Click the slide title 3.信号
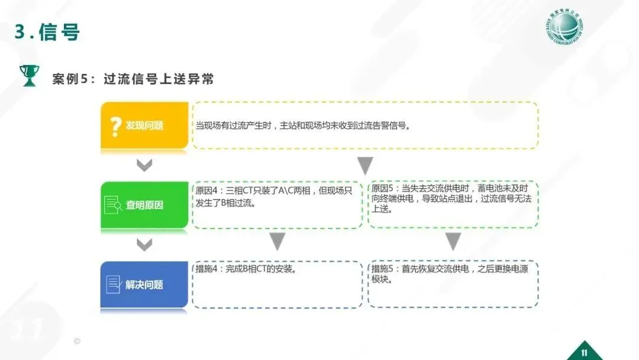click(x=47, y=32)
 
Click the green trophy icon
click(x=28, y=75)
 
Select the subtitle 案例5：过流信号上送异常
click(x=133, y=79)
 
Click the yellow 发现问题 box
click(x=144, y=126)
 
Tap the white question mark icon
click(x=115, y=126)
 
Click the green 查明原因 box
click(x=144, y=205)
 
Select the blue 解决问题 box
click(x=144, y=285)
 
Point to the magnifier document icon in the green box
click(x=113, y=205)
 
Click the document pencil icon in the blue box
click(x=113, y=284)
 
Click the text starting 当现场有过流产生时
click(x=302, y=126)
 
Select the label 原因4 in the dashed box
click(x=206, y=191)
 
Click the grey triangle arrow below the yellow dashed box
click(x=365, y=166)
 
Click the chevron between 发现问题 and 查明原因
click(x=144, y=165)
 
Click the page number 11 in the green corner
click(x=584, y=352)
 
